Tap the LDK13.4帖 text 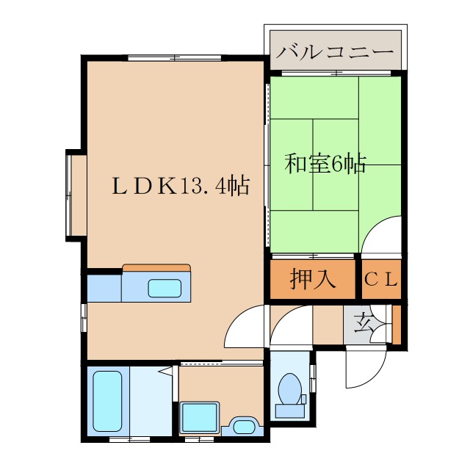pos(180,184)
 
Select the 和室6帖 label pos(325,164)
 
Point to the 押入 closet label pos(313,280)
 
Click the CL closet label pos(381,280)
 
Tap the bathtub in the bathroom pos(107,401)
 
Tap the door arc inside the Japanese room pos(383,235)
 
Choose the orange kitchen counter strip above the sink pos(156,268)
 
